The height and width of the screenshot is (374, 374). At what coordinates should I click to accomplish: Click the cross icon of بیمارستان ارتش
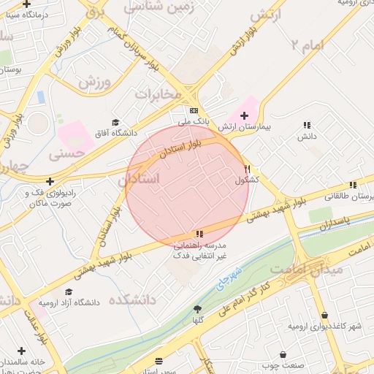[x=244, y=115]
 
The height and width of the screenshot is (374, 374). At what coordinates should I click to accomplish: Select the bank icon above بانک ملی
[x=194, y=110]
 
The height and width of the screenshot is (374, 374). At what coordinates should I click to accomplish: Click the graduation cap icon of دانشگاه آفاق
[x=115, y=122]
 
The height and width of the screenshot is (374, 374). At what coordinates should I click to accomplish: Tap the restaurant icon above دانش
[x=307, y=125]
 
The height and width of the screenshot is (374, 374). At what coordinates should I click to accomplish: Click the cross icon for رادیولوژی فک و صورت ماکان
[x=50, y=181]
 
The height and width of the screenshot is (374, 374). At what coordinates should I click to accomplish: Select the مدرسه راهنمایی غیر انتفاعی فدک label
[x=199, y=251]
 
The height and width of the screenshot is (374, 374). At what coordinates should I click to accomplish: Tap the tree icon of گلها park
[x=196, y=309]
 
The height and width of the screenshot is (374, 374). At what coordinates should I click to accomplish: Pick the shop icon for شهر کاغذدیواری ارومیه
[x=324, y=316]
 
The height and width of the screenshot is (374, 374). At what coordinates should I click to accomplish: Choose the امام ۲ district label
[x=306, y=46]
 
